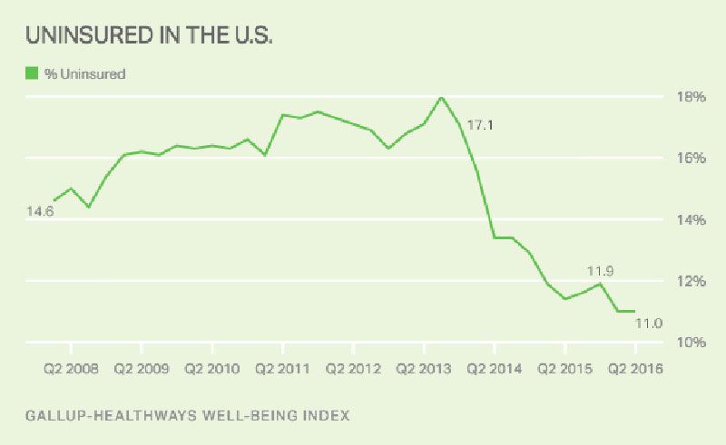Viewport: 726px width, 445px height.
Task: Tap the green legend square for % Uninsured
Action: [32, 74]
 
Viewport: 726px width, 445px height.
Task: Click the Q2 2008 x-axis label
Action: [70, 369]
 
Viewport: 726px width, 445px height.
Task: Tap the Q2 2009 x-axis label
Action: [142, 369]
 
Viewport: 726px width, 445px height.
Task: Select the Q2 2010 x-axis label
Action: [212, 369]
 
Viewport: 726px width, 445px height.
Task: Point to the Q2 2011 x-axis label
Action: [283, 369]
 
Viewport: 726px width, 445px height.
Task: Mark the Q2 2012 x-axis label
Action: [354, 369]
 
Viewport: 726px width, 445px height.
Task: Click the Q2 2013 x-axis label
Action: [424, 369]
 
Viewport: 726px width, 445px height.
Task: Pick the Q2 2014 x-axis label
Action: [495, 369]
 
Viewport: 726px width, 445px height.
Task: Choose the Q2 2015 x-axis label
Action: [565, 369]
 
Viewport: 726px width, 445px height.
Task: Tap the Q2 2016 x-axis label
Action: [635, 369]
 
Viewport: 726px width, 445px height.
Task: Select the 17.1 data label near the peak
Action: [481, 125]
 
